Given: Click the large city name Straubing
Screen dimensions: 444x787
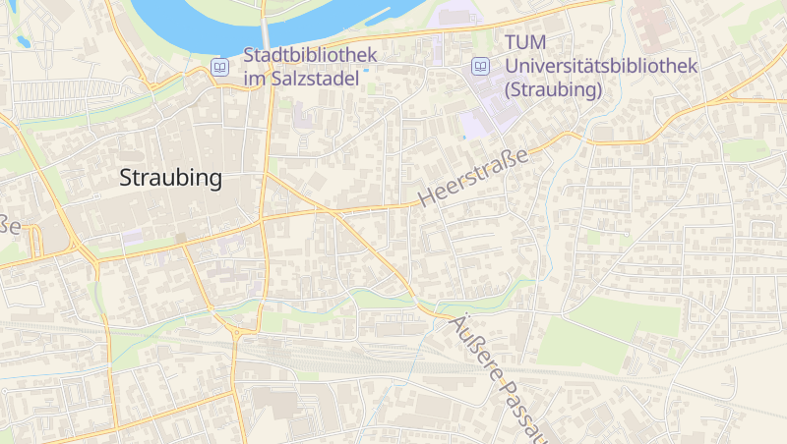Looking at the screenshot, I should tap(170, 179).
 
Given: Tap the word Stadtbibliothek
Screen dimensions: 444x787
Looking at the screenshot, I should tap(310, 55).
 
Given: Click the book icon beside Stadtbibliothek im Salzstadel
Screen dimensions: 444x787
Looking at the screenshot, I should tap(220, 67).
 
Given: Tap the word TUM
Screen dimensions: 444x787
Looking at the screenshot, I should tap(523, 43).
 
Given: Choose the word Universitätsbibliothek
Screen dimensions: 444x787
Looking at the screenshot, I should tap(600, 67).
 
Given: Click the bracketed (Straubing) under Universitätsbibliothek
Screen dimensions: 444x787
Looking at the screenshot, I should tap(552, 90).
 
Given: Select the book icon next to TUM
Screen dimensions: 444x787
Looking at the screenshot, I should tap(480, 67).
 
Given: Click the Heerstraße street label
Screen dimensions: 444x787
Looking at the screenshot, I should tap(473, 178).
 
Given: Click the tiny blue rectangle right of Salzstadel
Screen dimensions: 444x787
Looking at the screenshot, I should tap(366, 70).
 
